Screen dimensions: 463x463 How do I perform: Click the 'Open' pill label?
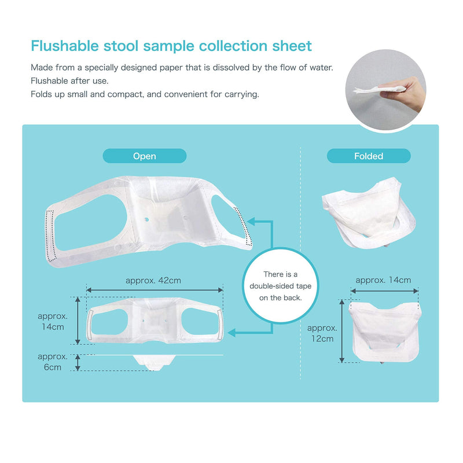coord(145,156)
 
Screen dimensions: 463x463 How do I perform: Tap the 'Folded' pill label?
coord(369,156)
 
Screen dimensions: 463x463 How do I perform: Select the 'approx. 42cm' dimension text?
coord(153,280)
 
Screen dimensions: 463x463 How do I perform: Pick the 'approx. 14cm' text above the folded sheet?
coord(383,280)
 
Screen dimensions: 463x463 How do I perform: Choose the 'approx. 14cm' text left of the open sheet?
coord(53,321)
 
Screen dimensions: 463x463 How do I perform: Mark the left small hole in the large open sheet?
coord(146,219)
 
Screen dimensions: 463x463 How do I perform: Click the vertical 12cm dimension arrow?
coord(342,330)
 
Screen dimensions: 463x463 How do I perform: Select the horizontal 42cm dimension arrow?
coord(155,291)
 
